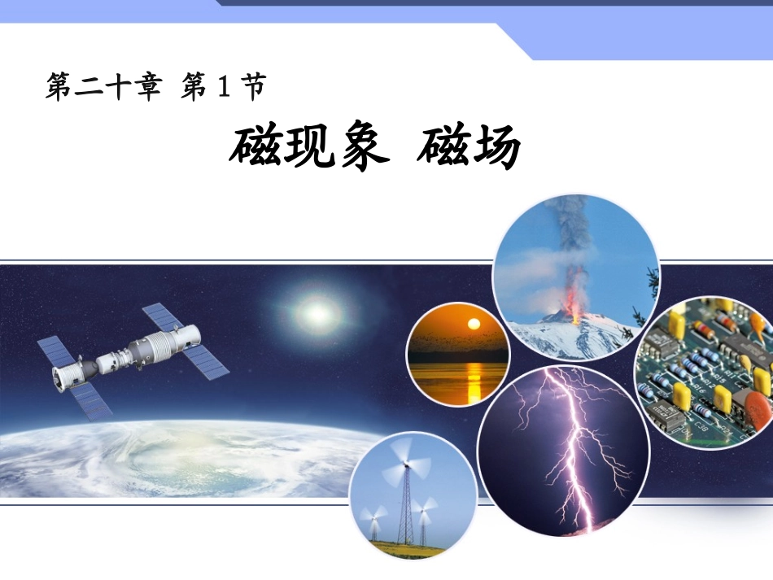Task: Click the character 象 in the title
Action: (x=358, y=146)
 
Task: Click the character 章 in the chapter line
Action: (x=148, y=86)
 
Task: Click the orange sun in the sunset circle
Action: (x=470, y=325)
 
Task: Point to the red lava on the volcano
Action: (x=576, y=312)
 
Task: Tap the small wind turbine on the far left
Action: (x=375, y=521)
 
